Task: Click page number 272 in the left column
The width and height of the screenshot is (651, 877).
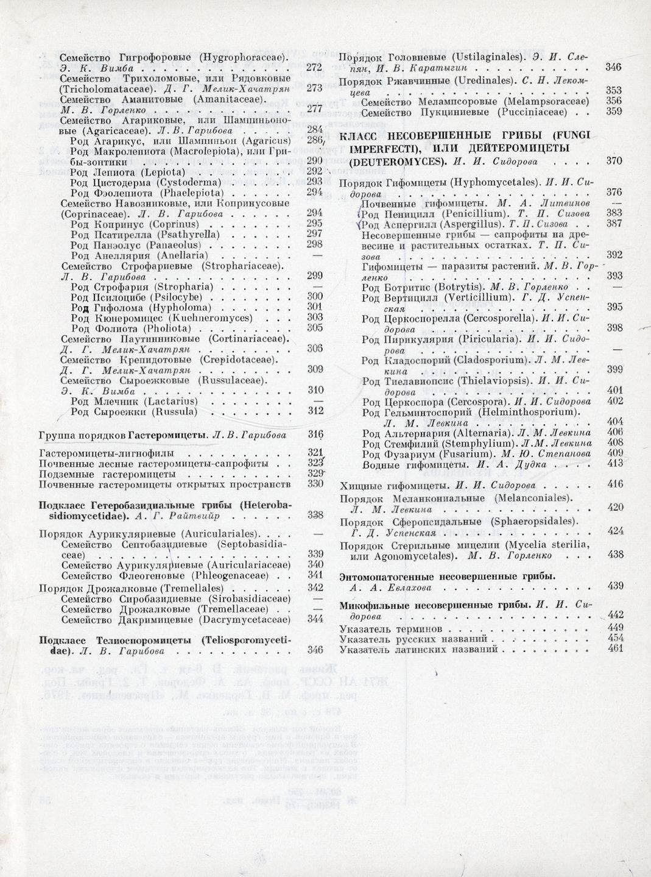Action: click(314, 67)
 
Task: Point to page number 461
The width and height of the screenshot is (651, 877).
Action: click(615, 648)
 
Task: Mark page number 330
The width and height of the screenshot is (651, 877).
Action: click(315, 483)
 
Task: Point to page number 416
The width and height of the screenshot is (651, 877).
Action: click(615, 485)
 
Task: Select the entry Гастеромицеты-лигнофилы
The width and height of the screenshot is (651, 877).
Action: click(107, 453)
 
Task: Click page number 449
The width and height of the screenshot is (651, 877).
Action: click(615, 628)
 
